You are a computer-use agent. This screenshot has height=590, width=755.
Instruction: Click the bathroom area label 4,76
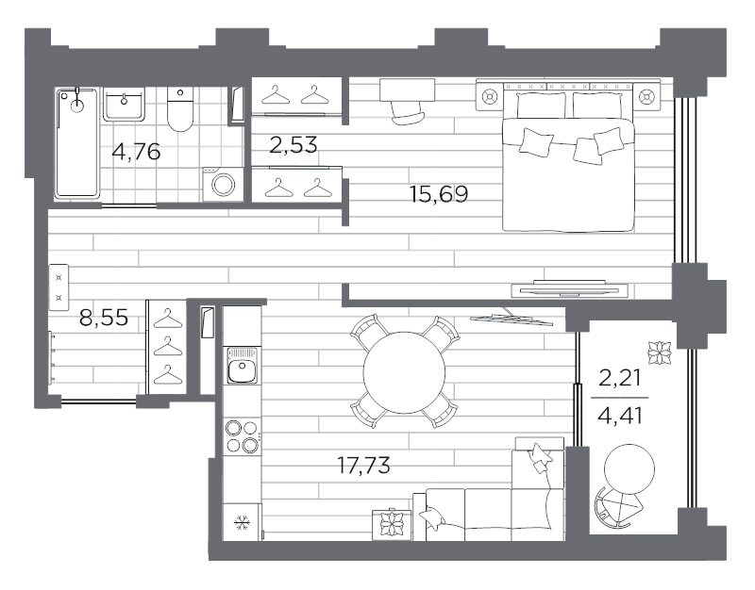136,152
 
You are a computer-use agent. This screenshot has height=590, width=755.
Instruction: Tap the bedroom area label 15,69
439,194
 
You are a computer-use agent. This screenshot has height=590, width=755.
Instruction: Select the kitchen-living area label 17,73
363,466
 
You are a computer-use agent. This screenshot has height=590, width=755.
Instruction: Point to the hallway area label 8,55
104,318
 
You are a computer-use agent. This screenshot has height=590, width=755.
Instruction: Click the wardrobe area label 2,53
294,145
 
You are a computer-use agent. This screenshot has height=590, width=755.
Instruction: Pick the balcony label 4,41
620,416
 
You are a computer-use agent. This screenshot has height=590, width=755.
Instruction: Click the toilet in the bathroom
179,109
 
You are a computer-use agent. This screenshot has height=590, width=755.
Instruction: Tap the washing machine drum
224,185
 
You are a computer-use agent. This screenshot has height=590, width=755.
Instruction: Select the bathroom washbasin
124,104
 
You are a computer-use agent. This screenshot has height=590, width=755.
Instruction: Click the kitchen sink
243,366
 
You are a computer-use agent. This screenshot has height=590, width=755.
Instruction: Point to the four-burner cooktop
243,436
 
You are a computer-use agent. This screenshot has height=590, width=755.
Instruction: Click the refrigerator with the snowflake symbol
243,522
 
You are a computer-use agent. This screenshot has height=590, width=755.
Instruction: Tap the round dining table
405,372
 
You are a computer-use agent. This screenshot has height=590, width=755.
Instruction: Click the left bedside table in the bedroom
490,97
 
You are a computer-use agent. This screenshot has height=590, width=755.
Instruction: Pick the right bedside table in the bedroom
646,97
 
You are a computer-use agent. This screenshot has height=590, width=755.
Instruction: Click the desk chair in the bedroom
408,113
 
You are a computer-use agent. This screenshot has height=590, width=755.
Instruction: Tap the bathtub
77,143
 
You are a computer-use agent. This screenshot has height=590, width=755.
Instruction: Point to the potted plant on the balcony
659,353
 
